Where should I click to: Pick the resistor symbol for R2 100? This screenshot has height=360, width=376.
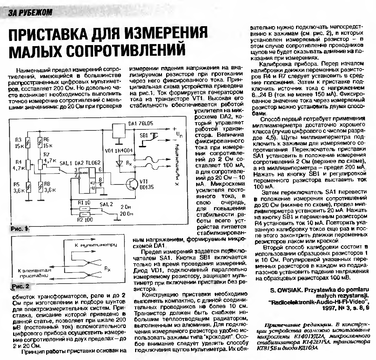pyautogui.click(x=84, y=215)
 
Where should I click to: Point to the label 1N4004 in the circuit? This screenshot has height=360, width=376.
pyautogui.click(x=123, y=150)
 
